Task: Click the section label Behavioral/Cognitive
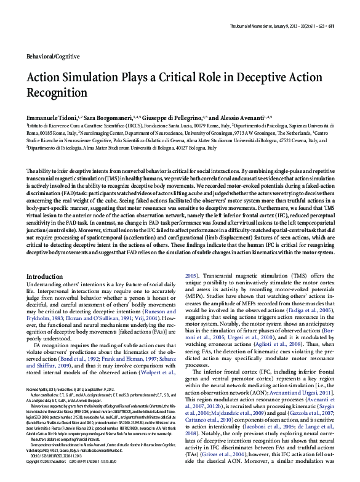(x=53, y=56)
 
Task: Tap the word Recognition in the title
(x=57, y=93)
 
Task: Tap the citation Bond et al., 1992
(x=88, y=375)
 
